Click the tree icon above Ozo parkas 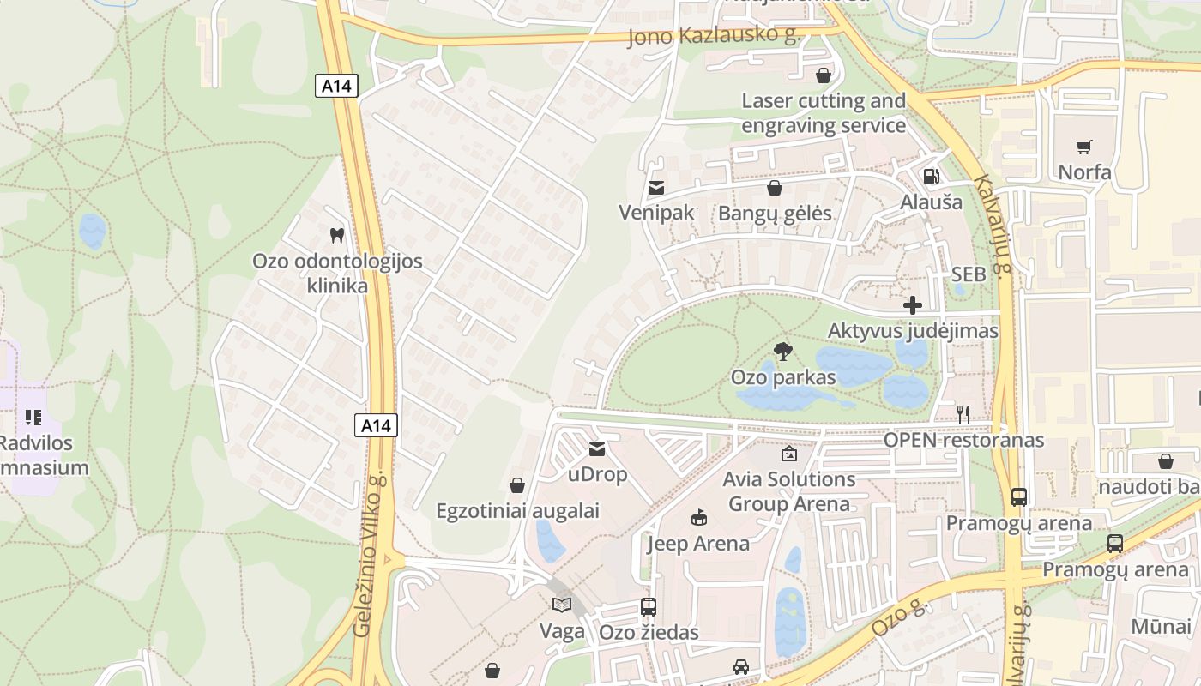coord(782,350)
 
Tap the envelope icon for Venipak coord(656,188)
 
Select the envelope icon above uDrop coord(597,448)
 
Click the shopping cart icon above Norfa coord(1084,147)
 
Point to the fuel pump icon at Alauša coord(931,177)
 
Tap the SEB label coord(969,274)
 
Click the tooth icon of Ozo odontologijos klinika coord(337,235)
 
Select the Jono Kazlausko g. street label coord(714,36)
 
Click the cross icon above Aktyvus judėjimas coord(913,305)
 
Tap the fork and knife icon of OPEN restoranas coord(963,415)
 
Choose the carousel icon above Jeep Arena coord(698,517)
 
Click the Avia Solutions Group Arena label coord(789,491)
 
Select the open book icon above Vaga coord(562,605)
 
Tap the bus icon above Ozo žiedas coord(649,607)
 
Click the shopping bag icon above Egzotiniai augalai coord(517,485)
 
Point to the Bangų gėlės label coord(775,214)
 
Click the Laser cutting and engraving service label coord(824,113)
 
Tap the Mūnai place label coord(1161,626)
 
